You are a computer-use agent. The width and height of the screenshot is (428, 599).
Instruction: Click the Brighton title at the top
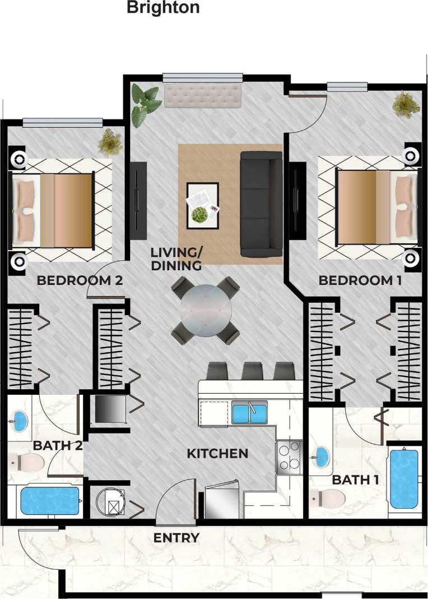point(163,8)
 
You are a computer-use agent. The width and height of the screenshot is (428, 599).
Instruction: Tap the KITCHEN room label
point(217,453)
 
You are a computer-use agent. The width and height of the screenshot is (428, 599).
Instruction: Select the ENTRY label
point(176,538)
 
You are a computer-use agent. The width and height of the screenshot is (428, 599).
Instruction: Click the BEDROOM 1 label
point(360,280)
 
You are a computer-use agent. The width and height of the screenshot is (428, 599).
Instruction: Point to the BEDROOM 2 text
point(79,280)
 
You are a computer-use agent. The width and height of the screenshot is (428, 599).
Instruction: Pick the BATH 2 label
point(58,446)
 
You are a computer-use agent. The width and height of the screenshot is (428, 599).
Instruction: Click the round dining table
point(205,310)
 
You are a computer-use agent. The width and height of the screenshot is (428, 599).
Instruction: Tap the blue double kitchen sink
point(250,413)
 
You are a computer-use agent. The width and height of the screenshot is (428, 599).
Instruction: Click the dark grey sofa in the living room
point(261,204)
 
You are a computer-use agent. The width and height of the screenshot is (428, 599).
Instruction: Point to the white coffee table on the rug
point(203,205)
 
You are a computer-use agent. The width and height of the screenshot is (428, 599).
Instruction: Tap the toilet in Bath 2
point(26,463)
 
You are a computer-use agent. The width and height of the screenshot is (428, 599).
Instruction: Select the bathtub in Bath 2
point(50,501)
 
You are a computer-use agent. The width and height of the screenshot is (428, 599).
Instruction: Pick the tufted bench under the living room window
point(203,96)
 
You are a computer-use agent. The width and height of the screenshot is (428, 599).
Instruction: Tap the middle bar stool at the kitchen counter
point(252,371)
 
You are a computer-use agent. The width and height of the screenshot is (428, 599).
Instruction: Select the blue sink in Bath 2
point(20,419)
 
